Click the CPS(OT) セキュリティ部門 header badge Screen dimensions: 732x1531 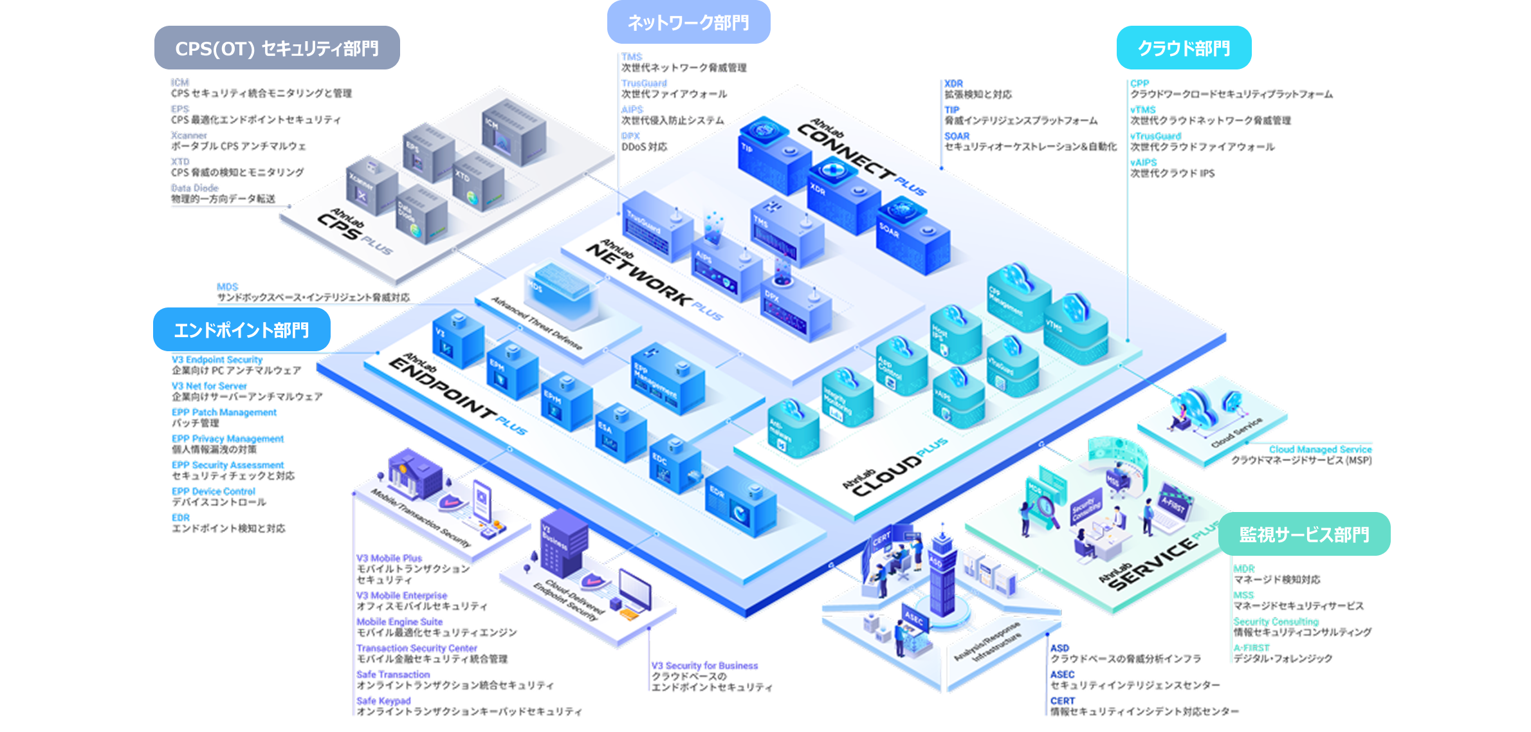[x=277, y=48]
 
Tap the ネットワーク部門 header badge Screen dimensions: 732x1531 [x=688, y=23]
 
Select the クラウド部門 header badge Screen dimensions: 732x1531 [x=1184, y=48]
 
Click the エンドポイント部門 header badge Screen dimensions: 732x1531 [x=241, y=330]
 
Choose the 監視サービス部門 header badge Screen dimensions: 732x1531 [x=1304, y=535]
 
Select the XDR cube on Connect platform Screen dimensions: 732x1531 [x=843, y=196]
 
